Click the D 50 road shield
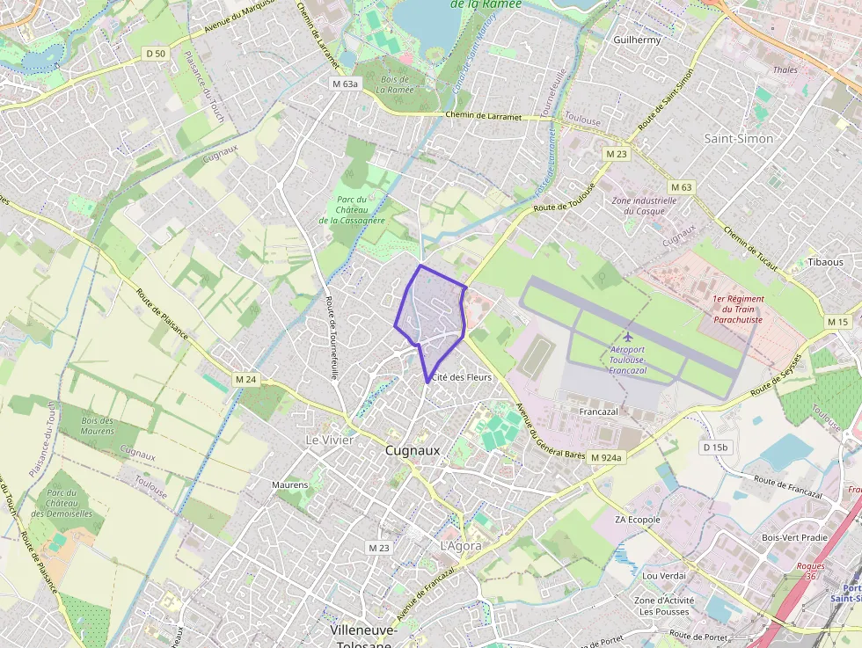(156, 54)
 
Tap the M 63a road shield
(345, 84)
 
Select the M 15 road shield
(837, 322)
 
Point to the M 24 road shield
(245, 380)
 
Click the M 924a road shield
(606, 457)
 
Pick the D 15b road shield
(716, 448)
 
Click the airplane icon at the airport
(627, 337)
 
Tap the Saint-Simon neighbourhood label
(739, 138)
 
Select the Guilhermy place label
(637, 40)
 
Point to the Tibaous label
(825, 262)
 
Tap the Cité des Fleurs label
(461, 376)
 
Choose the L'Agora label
(460, 545)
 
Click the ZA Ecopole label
(637, 520)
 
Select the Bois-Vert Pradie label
(794, 537)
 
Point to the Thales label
(785, 69)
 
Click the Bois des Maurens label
(98, 426)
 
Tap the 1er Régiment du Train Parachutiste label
(738, 309)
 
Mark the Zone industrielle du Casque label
(644, 206)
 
